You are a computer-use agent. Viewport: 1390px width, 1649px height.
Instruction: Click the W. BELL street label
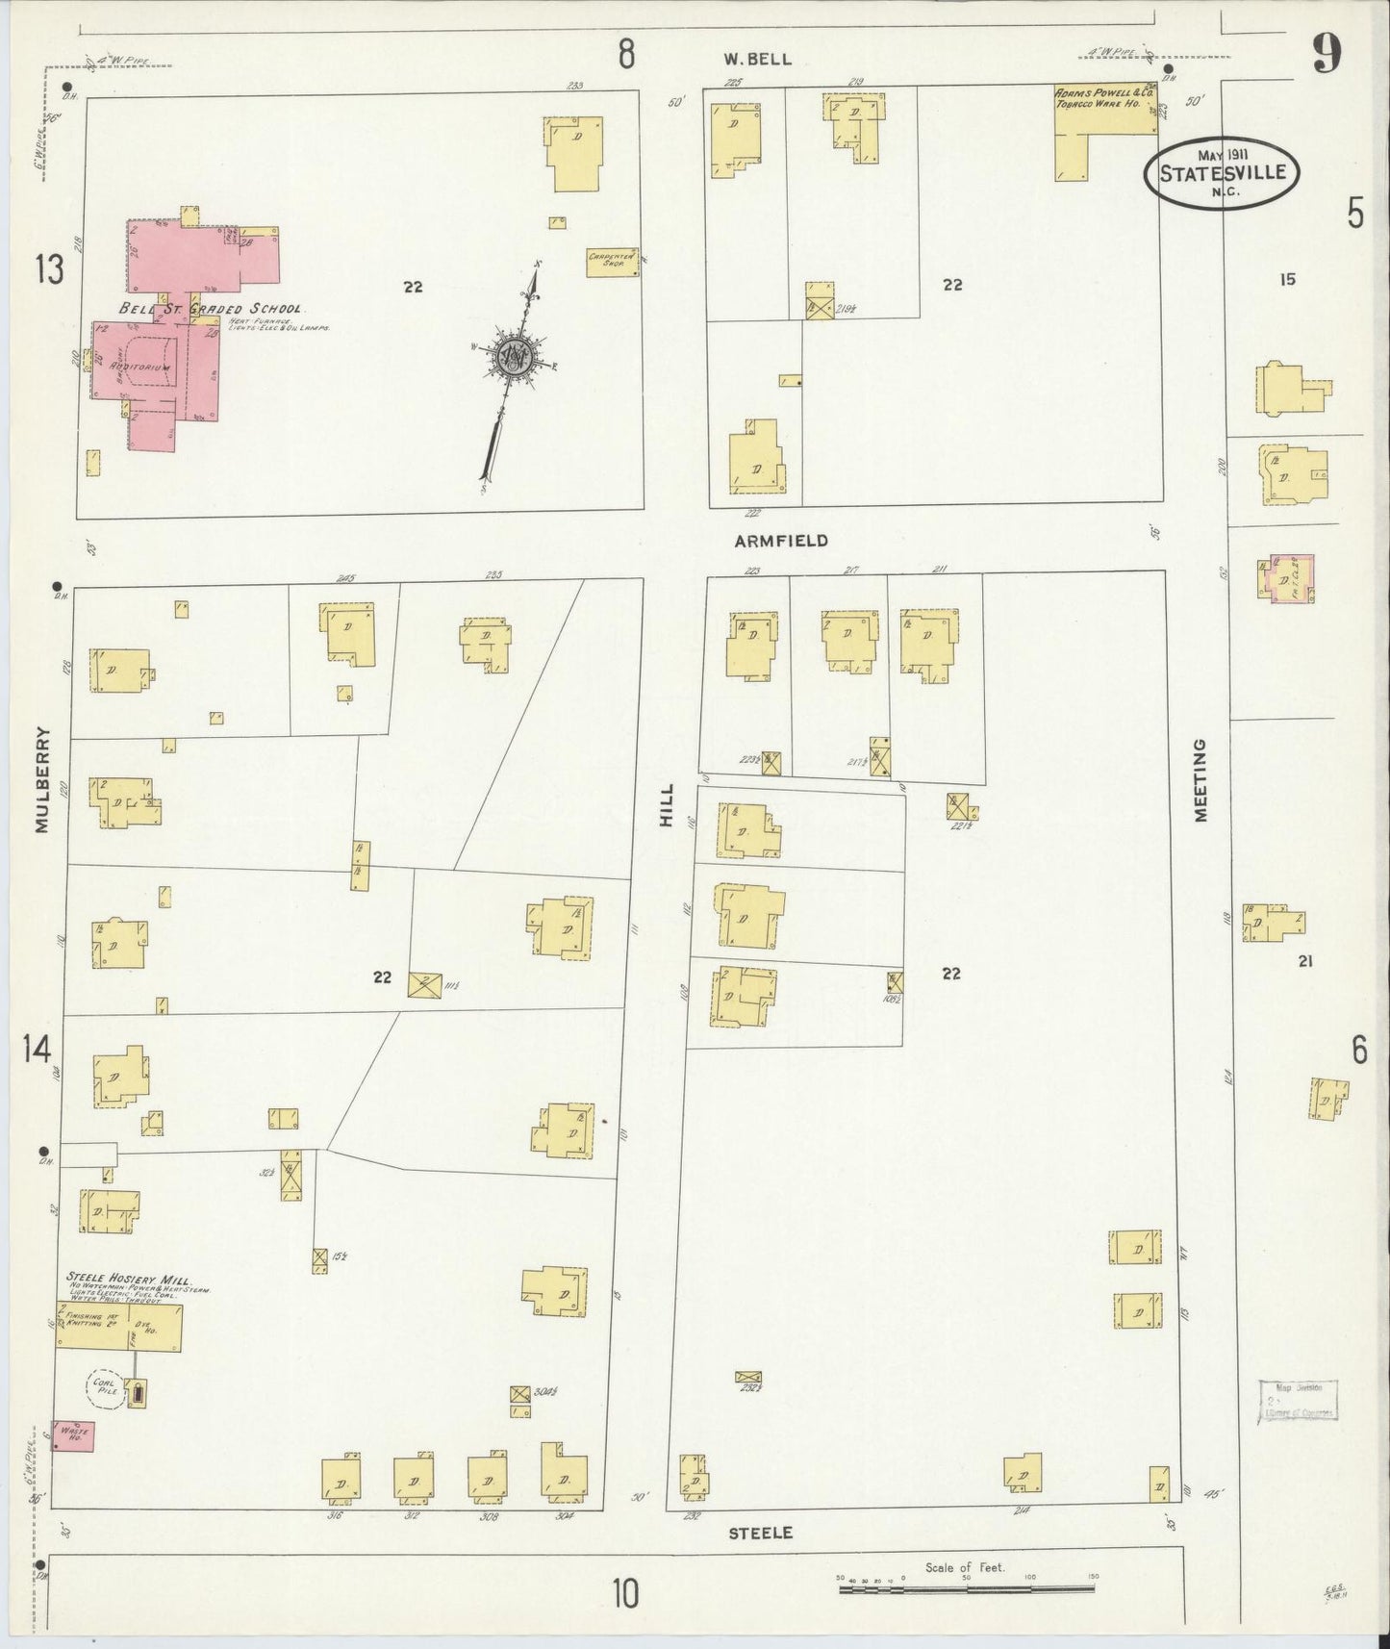pos(758,60)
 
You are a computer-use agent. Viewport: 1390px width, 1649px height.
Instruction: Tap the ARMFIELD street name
pos(781,542)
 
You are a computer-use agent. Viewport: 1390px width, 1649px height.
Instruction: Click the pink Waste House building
pos(73,1433)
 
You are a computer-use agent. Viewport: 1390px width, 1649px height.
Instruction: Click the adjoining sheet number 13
pos(49,268)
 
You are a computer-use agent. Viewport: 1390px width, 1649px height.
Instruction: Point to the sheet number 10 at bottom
pos(624,1594)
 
